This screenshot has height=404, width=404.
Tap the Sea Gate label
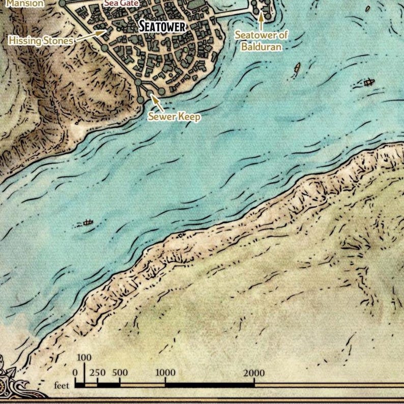[122, 3]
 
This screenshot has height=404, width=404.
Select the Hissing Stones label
[41, 40]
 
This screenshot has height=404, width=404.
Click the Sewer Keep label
[174, 117]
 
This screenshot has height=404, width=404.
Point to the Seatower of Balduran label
[262, 40]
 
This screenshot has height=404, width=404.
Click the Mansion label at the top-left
[25, 3]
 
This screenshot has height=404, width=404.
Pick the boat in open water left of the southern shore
[89, 222]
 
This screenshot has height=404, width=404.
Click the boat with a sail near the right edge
[369, 81]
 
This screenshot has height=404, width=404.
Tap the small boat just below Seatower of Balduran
[297, 67]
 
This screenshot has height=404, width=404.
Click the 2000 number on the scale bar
[253, 373]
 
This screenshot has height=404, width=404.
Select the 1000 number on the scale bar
[165, 373]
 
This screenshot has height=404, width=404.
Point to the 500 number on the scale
[120, 373]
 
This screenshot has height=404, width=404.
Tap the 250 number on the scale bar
[97, 373]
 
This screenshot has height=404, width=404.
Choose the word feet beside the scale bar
[62, 386]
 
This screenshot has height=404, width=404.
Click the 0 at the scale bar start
[75, 373]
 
